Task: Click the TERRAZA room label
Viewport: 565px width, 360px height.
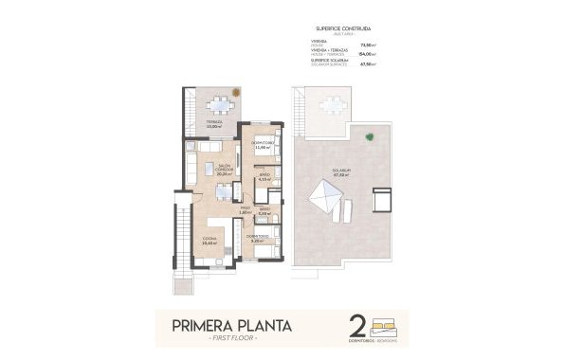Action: click(215, 123)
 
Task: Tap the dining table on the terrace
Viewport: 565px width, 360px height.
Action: click(222, 104)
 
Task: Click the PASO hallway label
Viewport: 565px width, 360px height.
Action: click(245, 209)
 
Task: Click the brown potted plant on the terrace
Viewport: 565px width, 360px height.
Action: click(238, 92)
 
